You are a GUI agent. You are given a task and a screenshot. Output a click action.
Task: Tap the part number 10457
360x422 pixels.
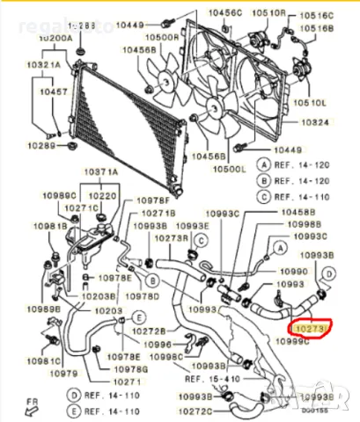pyautogui.click(x=53, y=91)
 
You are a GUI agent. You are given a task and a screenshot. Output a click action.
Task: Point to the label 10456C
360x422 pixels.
pyautogui.click(x=225, y=12)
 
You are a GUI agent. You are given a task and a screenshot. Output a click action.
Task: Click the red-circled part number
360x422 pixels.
pyautogui.click(x=307, y=327)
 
